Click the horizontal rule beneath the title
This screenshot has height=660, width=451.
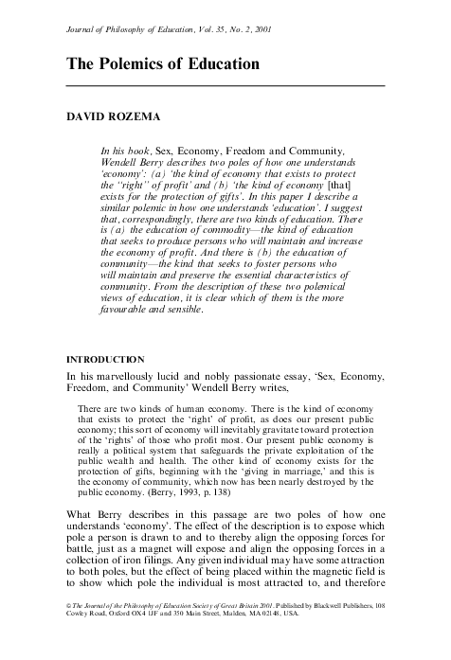(225, 86)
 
